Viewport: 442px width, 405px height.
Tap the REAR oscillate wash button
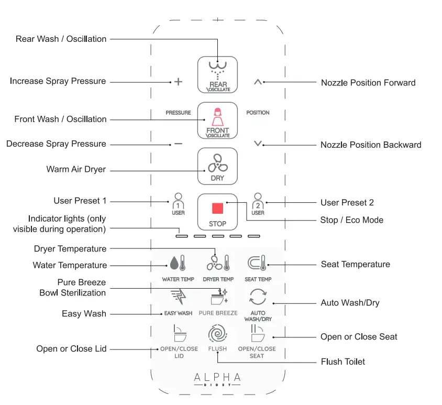tap(217, 74)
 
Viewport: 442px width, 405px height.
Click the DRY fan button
tap(217, 166)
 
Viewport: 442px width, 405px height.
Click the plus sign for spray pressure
tap(178, 82)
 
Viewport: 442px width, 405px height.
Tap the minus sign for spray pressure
tap(178, 144)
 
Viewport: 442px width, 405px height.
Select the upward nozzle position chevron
tap(257, 82)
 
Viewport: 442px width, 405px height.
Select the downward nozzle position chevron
tap(257, 144)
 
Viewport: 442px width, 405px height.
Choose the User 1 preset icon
tap(178, 204)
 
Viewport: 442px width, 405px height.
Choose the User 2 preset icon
tap(258, 204)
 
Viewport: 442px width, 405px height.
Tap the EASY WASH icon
tap(178, 297)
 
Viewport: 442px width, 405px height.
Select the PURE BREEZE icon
tap(218, 297)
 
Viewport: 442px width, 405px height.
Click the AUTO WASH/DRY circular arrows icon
tap(258, 297)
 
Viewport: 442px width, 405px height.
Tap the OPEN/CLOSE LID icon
tap(178, 334)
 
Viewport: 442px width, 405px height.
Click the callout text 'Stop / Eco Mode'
tap(351, 220)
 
